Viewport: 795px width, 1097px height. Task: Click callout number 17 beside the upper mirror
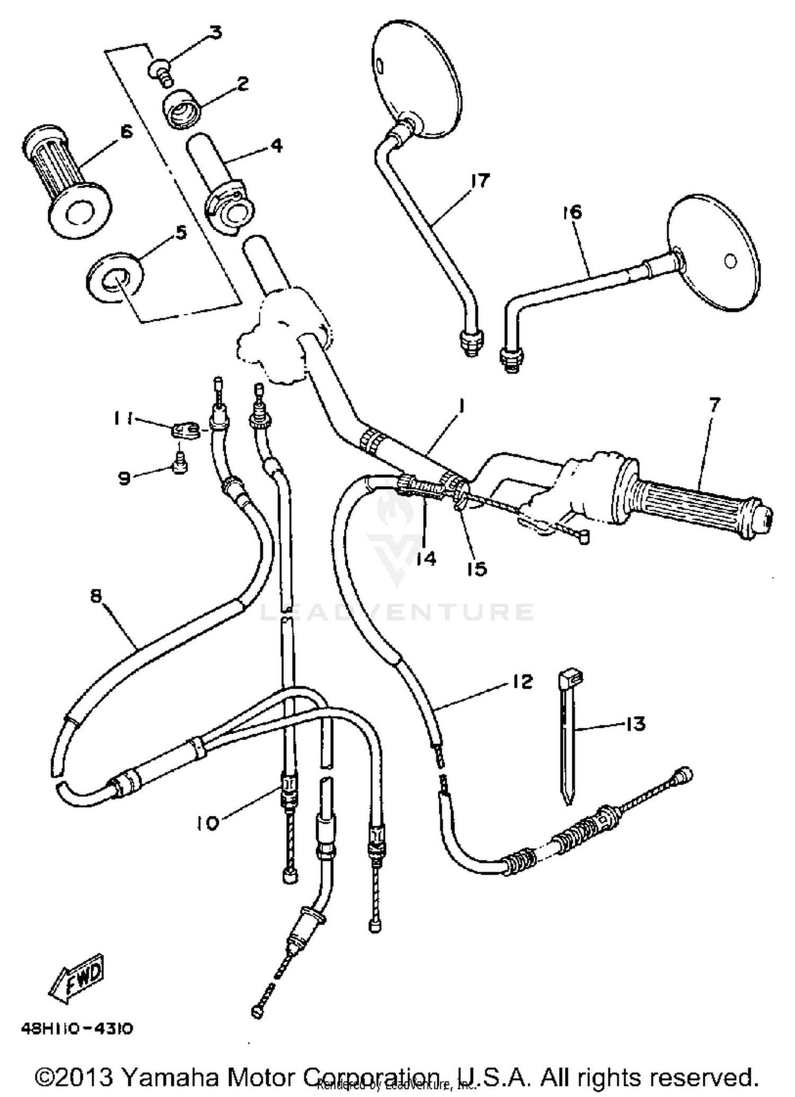tap(480, 180)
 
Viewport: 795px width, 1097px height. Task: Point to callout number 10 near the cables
tap(207, 823)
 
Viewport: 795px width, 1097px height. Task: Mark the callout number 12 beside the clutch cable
tap(522, 682)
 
